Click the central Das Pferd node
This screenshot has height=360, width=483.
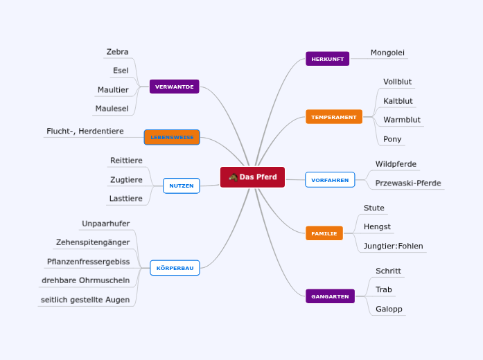[x=253, y=177]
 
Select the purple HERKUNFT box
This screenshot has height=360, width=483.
[x=327, y=59]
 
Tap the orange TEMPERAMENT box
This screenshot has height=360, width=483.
[x=333, y=117]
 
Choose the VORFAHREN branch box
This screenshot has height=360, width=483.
[x=330, y=180]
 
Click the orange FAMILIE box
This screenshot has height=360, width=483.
[x=324, y=233]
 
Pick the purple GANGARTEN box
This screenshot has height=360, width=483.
[x=330, y=296]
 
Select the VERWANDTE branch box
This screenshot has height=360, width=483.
[x=174, y=87]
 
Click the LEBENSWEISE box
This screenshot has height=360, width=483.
[x=172, y=137]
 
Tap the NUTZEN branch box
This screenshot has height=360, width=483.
[x=181, y=186]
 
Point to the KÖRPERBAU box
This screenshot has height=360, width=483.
[x=175, y=267]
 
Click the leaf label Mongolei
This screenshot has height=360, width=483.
[x=387, y=53]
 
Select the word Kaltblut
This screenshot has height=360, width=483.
[x=398, y=101]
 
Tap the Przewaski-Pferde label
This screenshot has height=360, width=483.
[x=408, y=183]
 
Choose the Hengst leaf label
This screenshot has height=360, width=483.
[x=377, y=226]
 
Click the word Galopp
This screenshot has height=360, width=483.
[x=388, y=309]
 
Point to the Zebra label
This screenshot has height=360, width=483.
[x=117, y=52]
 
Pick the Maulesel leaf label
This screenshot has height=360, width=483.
[x=112, y=109]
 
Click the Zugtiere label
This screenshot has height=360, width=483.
[x=126, y=180]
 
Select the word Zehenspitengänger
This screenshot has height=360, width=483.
[x=93, y=242]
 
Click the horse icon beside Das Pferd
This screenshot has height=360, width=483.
[x=233, y=177]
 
